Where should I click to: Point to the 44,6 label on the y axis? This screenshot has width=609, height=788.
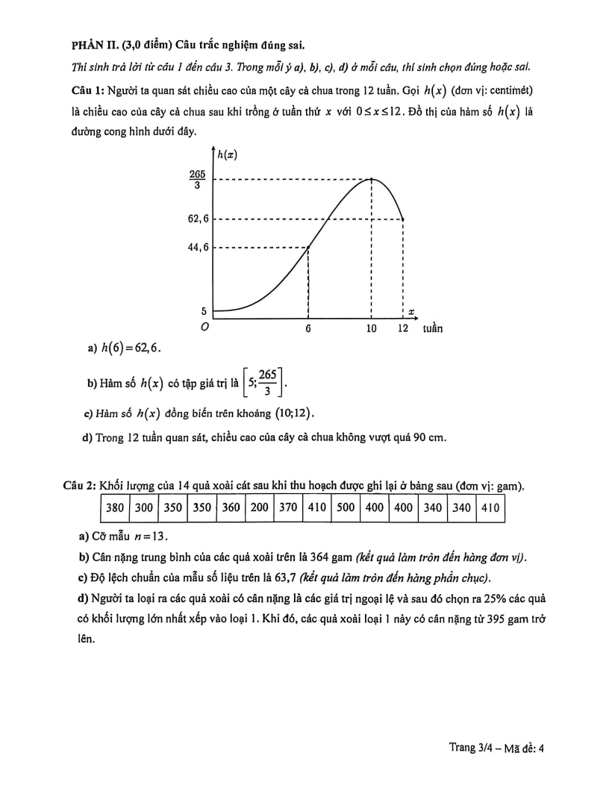pos(199,247)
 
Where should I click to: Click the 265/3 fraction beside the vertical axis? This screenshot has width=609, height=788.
pos(199,180)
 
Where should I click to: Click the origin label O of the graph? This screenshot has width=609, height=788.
pos(204,327)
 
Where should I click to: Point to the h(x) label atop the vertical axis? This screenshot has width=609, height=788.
pos(228,154)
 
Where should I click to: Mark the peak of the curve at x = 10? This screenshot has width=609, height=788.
pos(372,179)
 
